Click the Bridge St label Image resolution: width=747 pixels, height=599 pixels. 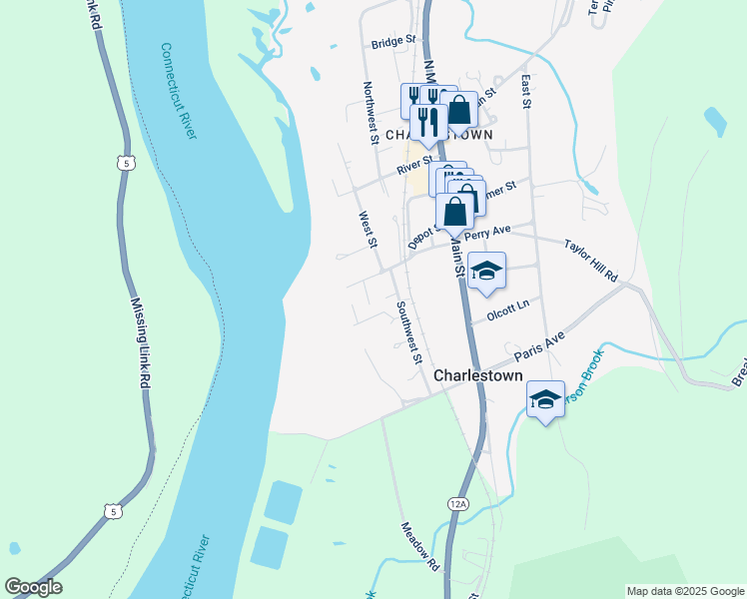click(392, 43)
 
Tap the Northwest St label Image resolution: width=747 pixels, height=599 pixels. click(370, 113)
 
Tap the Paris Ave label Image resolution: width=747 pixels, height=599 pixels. click(539, 346)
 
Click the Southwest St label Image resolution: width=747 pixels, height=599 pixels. click(410, 332)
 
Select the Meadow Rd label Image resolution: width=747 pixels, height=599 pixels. click(420, 546)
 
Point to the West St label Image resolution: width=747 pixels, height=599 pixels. click(368, 230)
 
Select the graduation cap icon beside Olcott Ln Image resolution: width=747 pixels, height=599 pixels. click(486, 271)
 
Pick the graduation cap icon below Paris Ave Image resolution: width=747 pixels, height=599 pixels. click(545, 399)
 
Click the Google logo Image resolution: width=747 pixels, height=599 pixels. click(33, 587)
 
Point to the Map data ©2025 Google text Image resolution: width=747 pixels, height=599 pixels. click(684, 591)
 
